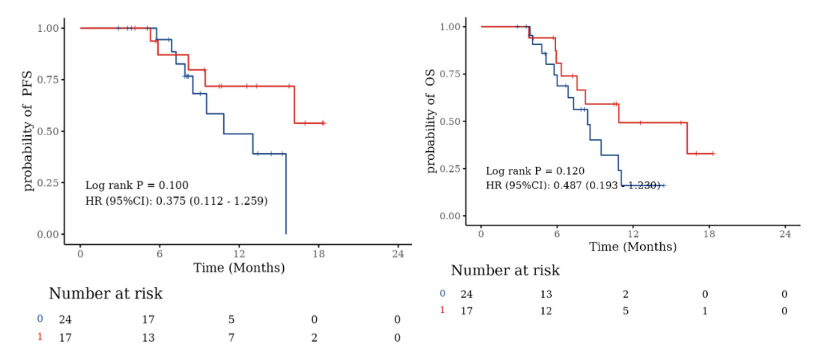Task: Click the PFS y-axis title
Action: [x=28, y=130]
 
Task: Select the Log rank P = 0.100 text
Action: [x=137, y=185]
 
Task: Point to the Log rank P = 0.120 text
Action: [x=535, y=171]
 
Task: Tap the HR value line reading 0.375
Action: [x=176, y=201]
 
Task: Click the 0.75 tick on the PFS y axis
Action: [x=48, y=80]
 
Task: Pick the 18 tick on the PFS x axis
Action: [x=319, y=254]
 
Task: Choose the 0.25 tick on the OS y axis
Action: [x=450, y=169]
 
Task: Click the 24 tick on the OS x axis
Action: [x=785, y=234]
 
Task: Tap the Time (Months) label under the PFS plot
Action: [x=239, y=268]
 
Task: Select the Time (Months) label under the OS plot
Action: [x=633, y=247]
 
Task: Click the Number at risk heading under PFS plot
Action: [x=106, y=293]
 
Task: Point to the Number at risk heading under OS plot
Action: [x=505, y=270]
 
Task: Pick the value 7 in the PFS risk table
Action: [x=231, y=338]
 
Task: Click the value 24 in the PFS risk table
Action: [x=65, y=319]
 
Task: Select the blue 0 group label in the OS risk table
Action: [x=442, y=293]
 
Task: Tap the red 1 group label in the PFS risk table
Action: [x=40, y=337]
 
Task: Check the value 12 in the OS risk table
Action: [x=546, y=311]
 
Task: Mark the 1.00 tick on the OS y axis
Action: [x=450, y=27]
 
